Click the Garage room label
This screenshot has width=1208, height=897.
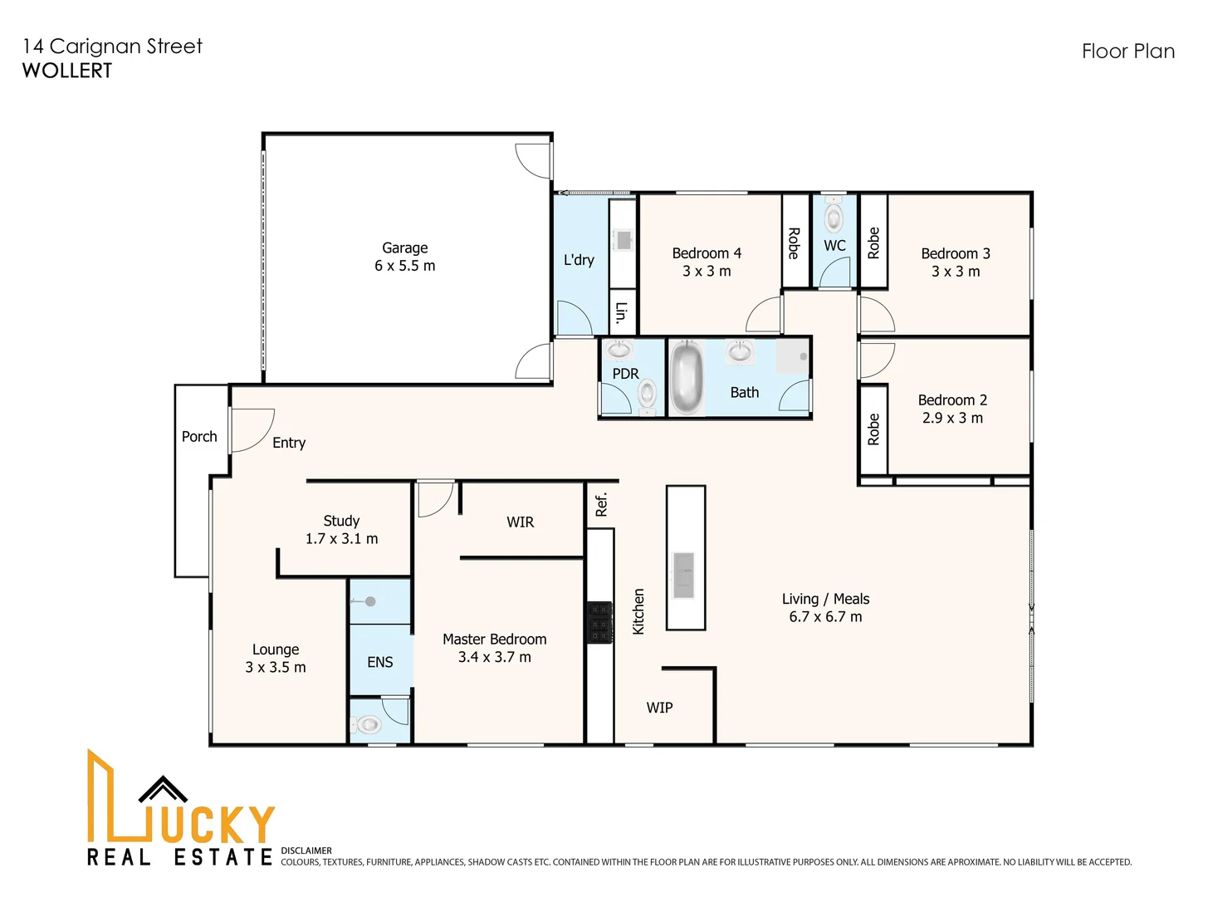click(x=404, y=248)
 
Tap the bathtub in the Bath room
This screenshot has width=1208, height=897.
click(x=687, y=378)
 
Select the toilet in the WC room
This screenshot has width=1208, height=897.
click(x=833, y=213)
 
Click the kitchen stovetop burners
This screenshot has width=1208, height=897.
click(x=599, y=622)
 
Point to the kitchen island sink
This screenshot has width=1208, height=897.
click(x=684, y=575)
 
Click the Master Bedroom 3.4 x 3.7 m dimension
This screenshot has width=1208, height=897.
click(x=495, y=657)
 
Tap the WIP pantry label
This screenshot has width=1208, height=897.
click(x=659, y=708)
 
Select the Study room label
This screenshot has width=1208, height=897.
click(x=341, y=521)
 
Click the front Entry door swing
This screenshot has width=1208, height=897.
click(x=252, y=430)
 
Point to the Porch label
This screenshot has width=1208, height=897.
click(x=199, y=437)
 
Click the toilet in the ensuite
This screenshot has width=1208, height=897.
click(x=366, y=724)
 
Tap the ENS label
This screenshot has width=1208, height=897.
click(x=380, y=662)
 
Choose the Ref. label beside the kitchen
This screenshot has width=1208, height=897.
click(x=601, y=505)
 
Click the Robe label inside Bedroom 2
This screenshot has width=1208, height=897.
click(x=873, y=429)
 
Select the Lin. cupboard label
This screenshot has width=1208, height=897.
click(x=621, y=313)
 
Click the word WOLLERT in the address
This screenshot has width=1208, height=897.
click(x=67, y=71)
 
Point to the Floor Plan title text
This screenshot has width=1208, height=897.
click(x=1128, y=51)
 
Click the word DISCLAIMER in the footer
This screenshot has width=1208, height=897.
click(x=306, y=850)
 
